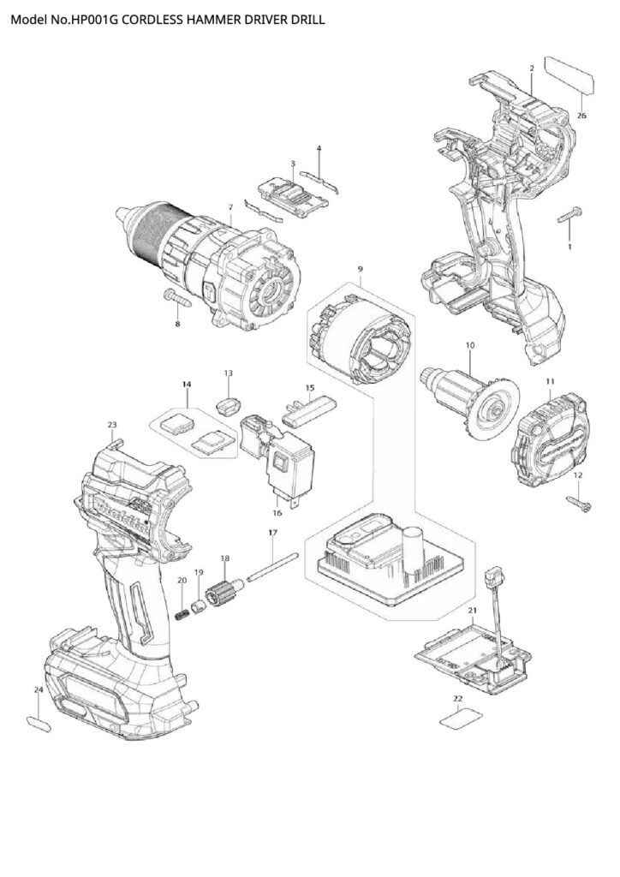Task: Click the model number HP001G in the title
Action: tap(93, 17)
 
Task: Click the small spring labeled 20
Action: tap(182, 614)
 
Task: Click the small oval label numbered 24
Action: tap(39, 722)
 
